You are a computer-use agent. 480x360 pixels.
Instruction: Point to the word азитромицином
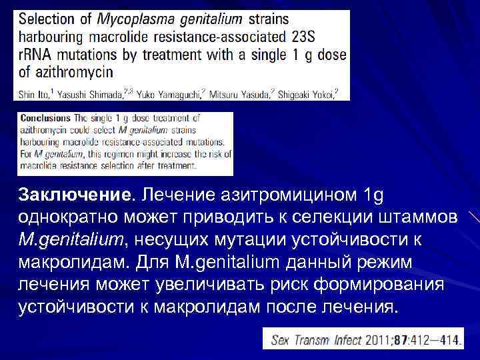coord(281,195)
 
